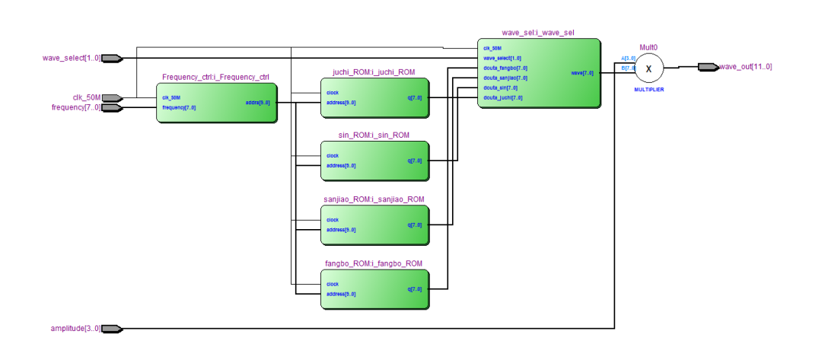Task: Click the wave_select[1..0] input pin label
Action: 71,58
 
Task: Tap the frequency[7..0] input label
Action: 75,107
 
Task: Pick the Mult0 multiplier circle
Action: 648,68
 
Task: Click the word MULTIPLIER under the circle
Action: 648,89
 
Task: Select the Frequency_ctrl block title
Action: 215,77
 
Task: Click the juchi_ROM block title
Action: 373,72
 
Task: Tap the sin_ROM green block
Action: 374,161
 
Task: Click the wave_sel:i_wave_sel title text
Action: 538,33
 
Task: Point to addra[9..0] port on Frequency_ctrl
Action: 258,102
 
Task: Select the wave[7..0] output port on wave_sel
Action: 582,73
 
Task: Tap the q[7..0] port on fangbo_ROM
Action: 414,289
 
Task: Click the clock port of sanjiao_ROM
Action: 333,220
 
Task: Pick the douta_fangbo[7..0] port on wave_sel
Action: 505,68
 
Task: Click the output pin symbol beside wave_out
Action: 707,67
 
